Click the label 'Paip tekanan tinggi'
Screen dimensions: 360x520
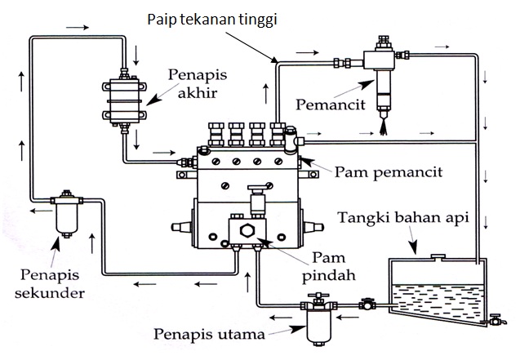211,17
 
